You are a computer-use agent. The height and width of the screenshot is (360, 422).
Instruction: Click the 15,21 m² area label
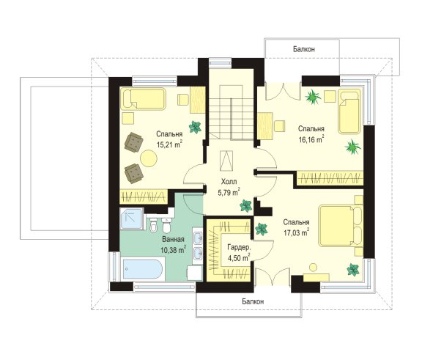coord(169,144)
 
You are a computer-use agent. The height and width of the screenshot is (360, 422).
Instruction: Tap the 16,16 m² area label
coord(311,139)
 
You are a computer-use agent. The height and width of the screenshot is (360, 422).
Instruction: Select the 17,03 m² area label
coord(296,232)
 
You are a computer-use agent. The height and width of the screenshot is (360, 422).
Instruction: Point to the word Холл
coord(229,182)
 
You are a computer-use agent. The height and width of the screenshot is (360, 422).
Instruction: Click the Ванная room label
coord(173,239)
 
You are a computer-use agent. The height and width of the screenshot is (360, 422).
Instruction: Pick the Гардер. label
coord(239,247)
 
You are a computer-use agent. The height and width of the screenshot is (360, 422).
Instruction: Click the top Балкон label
coord(304,49)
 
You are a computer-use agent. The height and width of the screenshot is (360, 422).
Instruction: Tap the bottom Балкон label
coord(253,301)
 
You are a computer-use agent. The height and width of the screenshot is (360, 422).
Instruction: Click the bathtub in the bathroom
coord(142,269)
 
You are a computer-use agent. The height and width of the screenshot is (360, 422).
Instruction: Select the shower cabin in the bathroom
coord(131,218)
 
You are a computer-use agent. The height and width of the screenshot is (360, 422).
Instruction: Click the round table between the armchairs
coord(148,158)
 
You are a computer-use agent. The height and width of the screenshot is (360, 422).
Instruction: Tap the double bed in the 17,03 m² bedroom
coord(341,226)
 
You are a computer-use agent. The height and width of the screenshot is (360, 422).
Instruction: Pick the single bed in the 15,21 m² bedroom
coord(143,99)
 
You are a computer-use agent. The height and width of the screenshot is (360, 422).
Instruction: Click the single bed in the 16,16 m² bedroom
coord(349,111)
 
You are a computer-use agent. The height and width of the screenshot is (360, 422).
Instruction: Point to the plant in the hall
coord(245,206)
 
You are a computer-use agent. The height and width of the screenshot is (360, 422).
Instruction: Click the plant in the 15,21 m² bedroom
coord(195,127)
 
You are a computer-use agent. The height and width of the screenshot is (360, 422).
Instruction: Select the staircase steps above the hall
coord(232,119)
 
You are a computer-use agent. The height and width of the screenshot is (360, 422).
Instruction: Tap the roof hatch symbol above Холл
coord(226,161)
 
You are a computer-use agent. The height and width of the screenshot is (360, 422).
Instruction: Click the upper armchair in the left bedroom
coord(133,142)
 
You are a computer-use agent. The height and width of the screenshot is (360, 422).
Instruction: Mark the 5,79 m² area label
coord(229,192)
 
